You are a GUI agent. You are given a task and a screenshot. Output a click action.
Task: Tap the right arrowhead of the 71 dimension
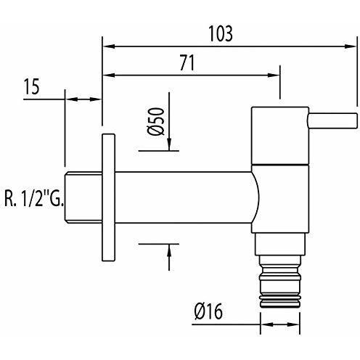click(275, 74)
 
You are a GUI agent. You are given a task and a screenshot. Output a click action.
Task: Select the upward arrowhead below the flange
click(169, 250)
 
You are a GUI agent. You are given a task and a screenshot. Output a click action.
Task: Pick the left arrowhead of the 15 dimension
click(70, 99)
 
